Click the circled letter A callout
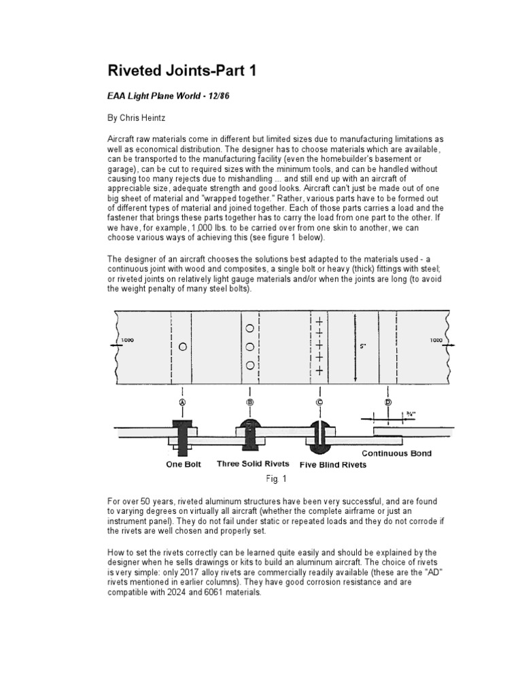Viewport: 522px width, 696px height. click(x=181, y=402)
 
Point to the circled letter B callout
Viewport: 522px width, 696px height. click(x=250, y=402)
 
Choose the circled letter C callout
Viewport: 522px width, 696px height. click(x=318, y=402)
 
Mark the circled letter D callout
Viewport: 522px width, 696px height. click(x=387, y=402)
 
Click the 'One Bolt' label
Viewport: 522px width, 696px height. click(x=184, y=465)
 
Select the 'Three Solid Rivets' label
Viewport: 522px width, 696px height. click(x=253, y=464)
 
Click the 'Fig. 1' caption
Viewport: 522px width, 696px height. click(x=271, y=479)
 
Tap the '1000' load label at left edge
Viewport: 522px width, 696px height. click(x=127, y=339)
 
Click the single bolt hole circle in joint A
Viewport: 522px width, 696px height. click(x=182, y=347)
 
